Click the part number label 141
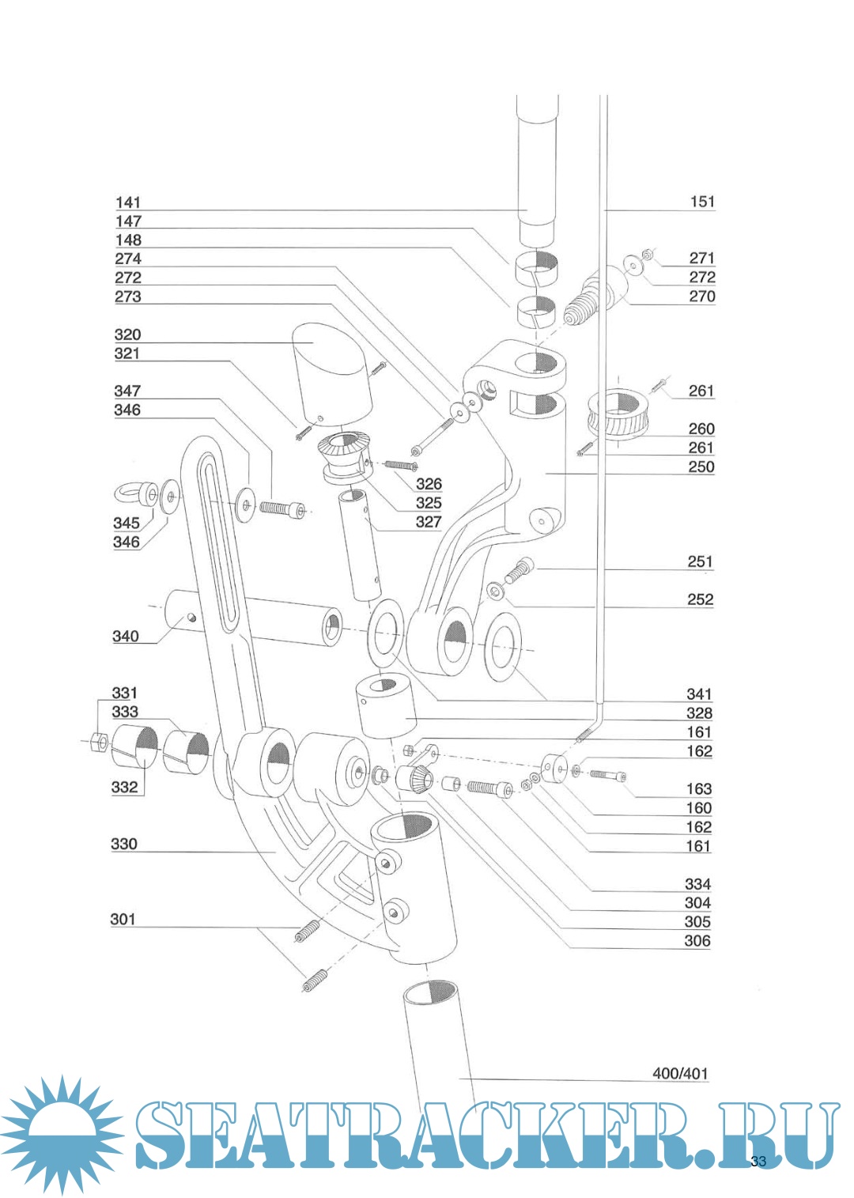[x=128, y=202]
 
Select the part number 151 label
[x=702, y=202]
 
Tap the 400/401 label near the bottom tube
[x=680, y=1073]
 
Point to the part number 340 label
[x=126, y=636]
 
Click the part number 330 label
[x=124, y=844]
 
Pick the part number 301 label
[x=123, y=919]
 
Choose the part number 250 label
[x=701, y=467]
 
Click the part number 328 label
[x=699, y=712]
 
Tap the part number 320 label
[x=127, y=334]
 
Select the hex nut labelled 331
[x=99, y=742]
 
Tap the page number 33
[x=758, y=1161]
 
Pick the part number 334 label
[x=697, y=883]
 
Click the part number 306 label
[x=697, y=940]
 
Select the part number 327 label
[x=429, y=521]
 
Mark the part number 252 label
[x=701, y=599]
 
